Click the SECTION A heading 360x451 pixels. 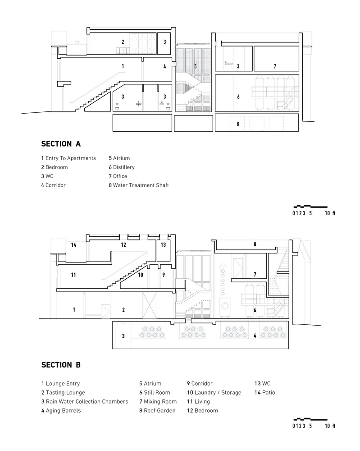coord(61,144)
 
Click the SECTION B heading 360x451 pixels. coord(61,365)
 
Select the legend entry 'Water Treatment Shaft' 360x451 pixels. coord(138,185)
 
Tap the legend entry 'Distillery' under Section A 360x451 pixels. coord(121,167)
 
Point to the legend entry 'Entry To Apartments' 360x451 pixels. coord(68,158)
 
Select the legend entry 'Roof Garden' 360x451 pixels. coord(157,410)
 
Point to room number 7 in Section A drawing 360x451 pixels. coord(275,66)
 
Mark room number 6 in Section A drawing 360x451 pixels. coord(238,97)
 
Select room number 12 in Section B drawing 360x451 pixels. coord(123,245)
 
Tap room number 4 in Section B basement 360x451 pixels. coord(255,336)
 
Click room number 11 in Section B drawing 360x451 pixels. coord(73,274)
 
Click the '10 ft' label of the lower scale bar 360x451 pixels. coord(330,425)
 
